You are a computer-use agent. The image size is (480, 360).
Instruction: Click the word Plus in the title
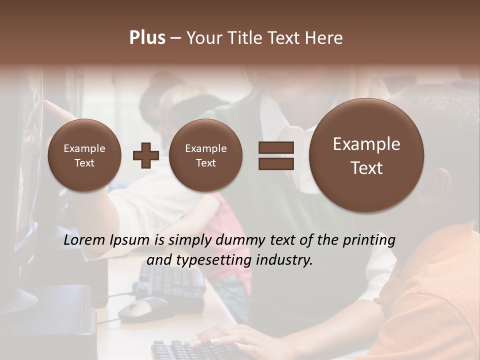[147, 38]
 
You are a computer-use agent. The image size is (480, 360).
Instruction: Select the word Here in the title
[324, 38]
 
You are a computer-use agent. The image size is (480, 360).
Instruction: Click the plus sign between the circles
[145, 155]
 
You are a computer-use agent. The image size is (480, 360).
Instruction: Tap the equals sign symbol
[276, 155]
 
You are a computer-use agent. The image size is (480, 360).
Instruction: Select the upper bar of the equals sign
[276, 147]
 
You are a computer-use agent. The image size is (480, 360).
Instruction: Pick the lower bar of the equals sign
[276, 163]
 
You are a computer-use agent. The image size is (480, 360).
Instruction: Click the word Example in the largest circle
[366, 144]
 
